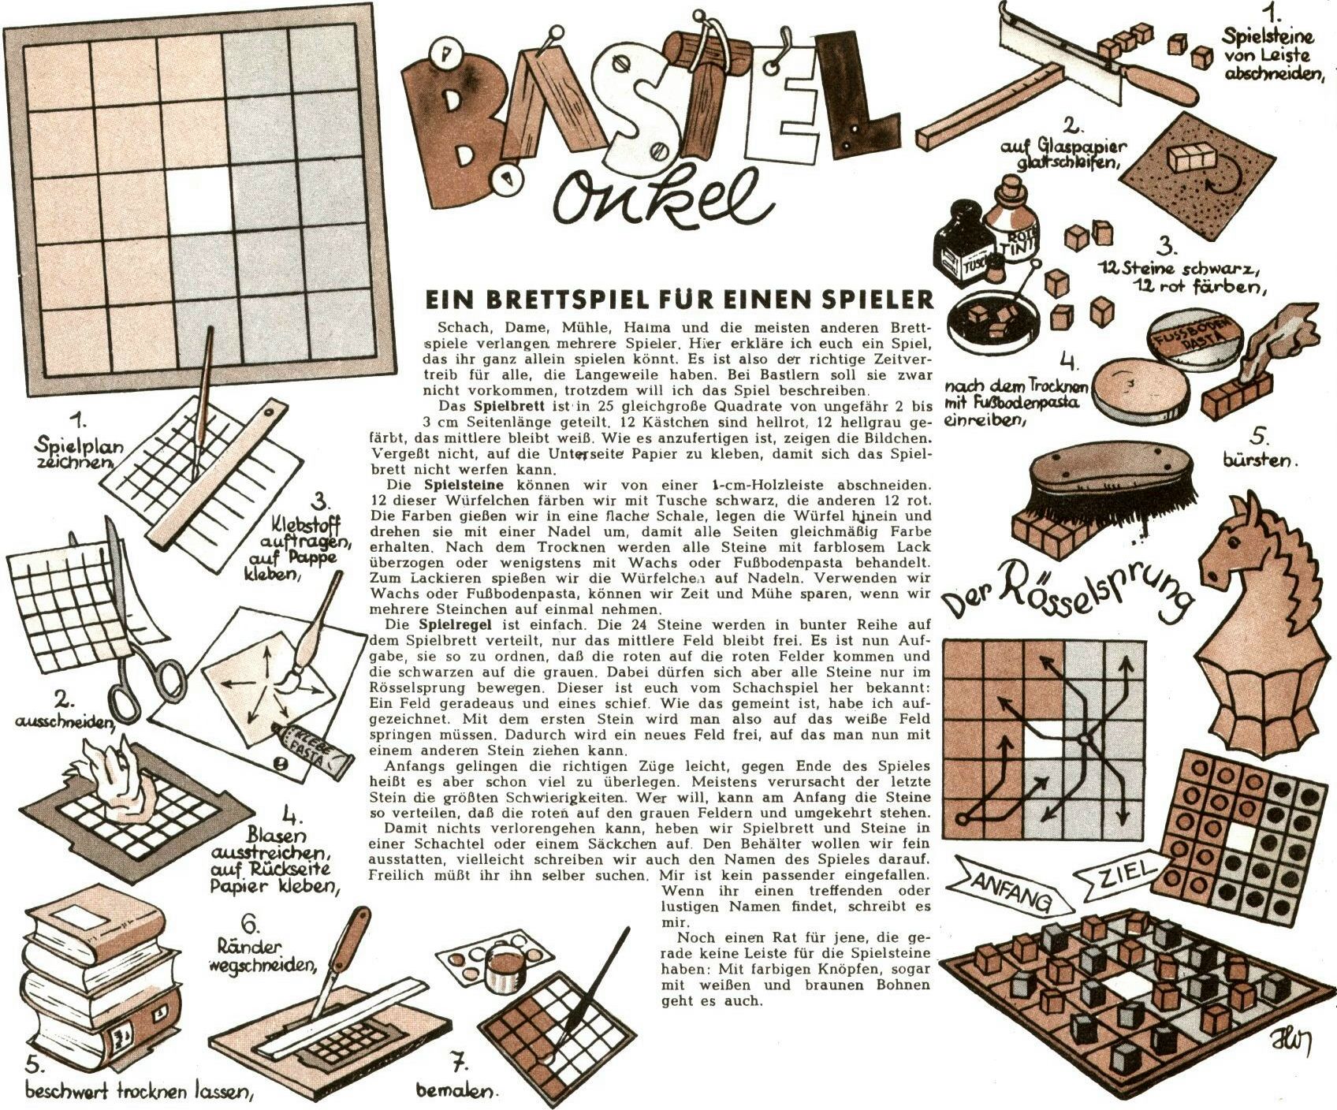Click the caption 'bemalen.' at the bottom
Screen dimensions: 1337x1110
click(456, 1092)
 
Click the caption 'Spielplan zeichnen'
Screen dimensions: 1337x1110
click(78, 453)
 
